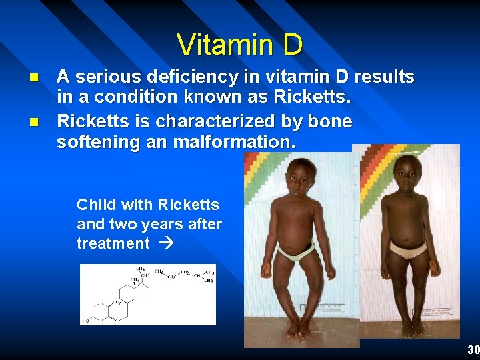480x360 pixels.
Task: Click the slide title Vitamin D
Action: (x=240, y=45)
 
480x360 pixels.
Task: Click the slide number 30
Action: (x=473, y=350)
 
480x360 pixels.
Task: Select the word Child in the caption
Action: (x=96, y=205)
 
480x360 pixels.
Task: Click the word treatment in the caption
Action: (x=113, y=243)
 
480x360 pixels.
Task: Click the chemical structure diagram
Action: (x=148, y=295)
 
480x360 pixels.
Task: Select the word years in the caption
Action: (x=157, y=224)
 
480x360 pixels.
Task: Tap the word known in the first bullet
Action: (x=195, y=97)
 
